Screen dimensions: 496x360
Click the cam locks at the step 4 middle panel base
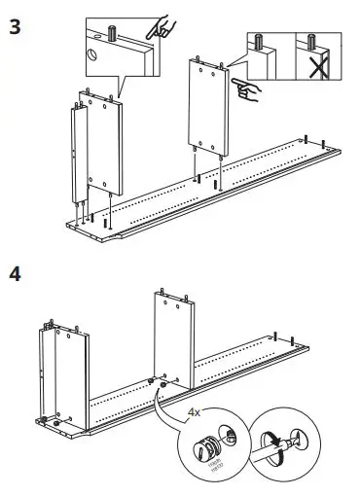coord(158,383)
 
